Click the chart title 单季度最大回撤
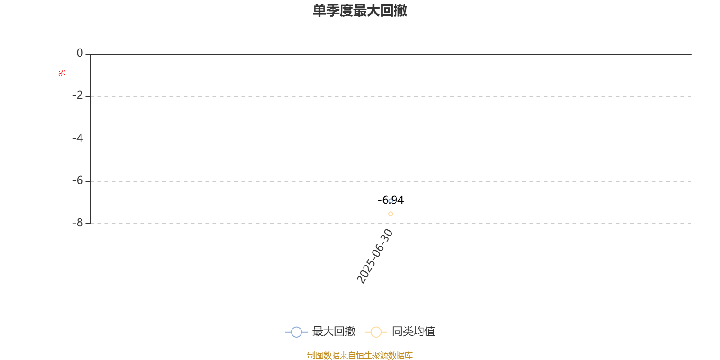pyautogui.click(x=360, y=10)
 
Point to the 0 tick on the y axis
pyautogui.click(x=80, y=53)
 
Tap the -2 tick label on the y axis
pyautogui.click(x=77, y=95)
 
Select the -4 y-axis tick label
pyautogui.click(x=77, y=138)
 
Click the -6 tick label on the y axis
pyautogui.click(x=77, y=180)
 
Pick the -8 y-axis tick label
pyautogui.click(x=77, y=223)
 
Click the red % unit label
pyautogui.click(x=62, y=73)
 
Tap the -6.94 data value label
pyautogui.click(x=391, y=200)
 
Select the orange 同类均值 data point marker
pyautogui.click(x=391, y=214)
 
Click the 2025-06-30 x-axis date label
pyautogui.click(x=375, y=256)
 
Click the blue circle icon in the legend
pyautogui.click(x=297, y=332)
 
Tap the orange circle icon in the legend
pyautogui.click(x=376, y=332)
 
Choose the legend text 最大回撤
pyautogui.click(x=333, y=331)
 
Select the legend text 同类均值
pyautogui.click(x=414, y=331)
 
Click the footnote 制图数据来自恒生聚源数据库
pyautogui.click(x=360, y=355)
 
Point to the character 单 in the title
pyautogui.click(x=319, y=10)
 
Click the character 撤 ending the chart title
pyautogui.click(x=400, y=10)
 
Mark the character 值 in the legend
pyautogui.click(x=430, y=331)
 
